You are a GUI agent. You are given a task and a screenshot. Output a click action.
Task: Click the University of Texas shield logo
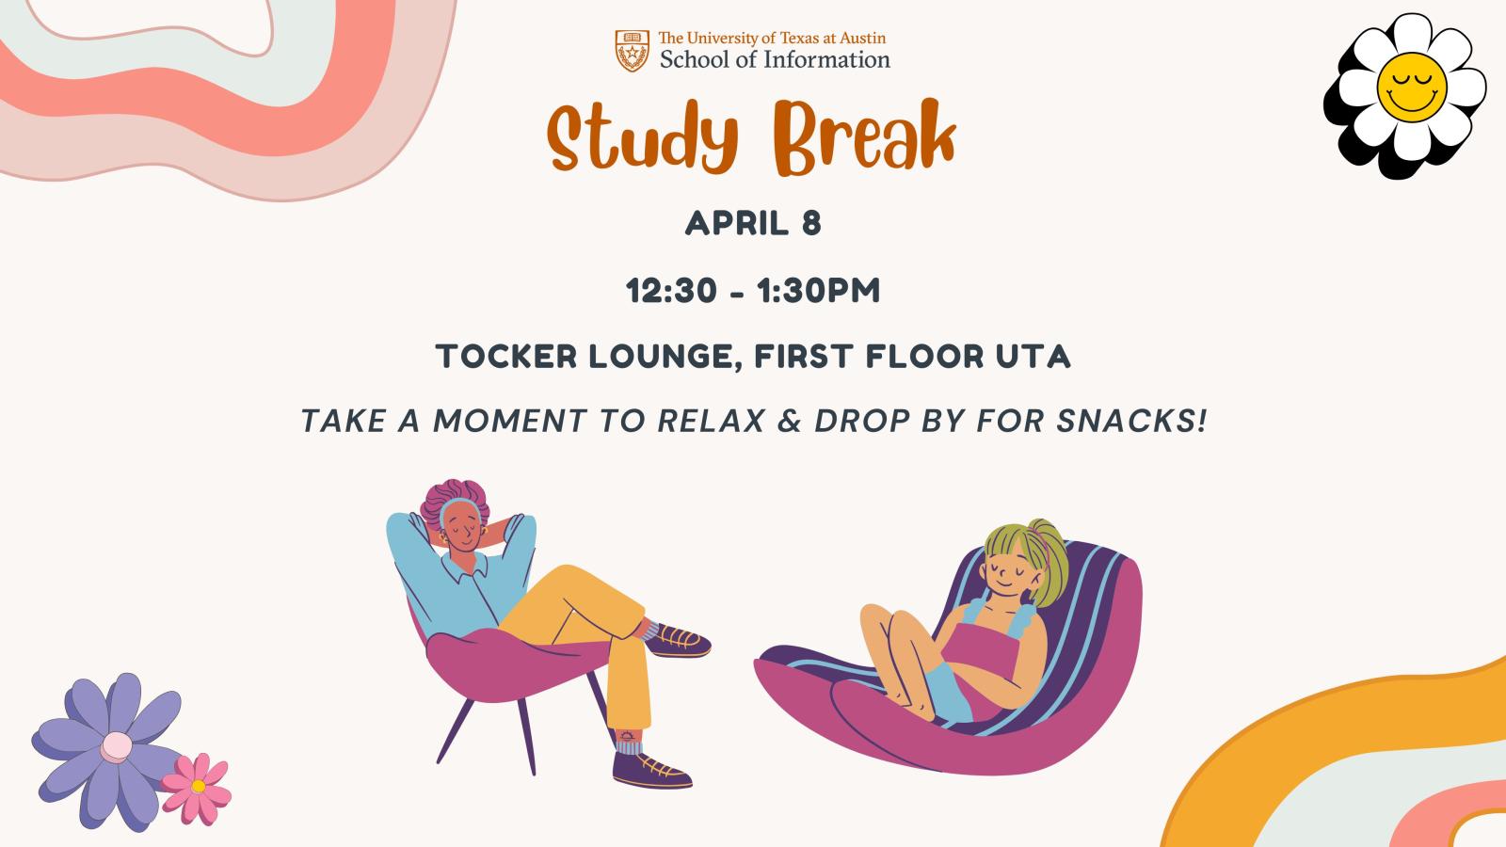click(x=632, y=51)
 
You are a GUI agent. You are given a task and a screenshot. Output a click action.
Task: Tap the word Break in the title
click(x=865, y=136)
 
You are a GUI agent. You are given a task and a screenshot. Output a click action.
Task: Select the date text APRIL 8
click(x=753, y=223)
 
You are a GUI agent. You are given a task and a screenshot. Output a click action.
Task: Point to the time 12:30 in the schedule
click(x=671, y=291)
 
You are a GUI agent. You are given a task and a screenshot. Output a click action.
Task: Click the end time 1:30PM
click(x=818, y=291)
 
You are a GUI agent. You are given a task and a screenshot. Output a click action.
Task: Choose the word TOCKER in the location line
click(x=506, y=357)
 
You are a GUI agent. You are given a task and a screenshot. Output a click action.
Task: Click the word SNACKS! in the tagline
click(x=1131, y=421)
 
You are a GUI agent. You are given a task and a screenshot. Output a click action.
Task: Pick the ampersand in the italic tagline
click(x=790, y=421)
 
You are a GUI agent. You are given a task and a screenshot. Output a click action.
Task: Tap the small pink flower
click(x=197, y=788)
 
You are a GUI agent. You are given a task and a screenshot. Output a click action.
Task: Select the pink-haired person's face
click(x=463, y=527)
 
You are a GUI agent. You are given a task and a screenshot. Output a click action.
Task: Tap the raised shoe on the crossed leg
click(x=677, y=640)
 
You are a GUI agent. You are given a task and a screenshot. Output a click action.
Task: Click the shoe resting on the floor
click(x=650, y=771)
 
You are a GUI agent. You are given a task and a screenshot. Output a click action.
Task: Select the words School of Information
click(x=775, y=60)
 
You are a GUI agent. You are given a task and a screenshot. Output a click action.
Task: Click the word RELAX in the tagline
click(x=712, y=421)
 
